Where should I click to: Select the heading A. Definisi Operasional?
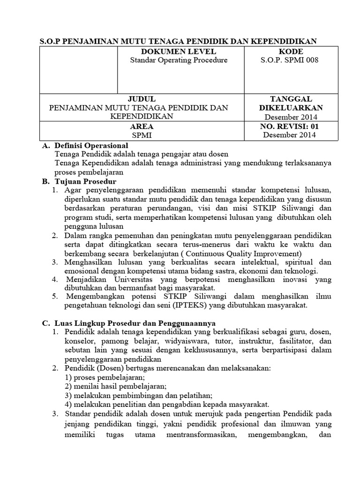coord(85,146)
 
